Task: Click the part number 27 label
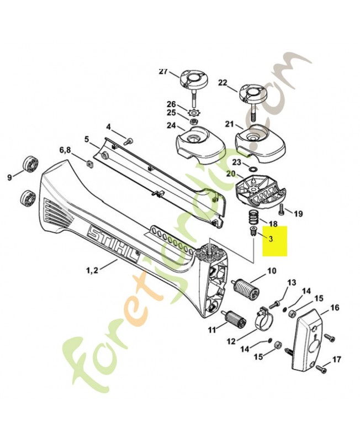(162, 71)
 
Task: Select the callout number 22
(223, 82)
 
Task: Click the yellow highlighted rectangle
(274, 241)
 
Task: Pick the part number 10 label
(271, 271)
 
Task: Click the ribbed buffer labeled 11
(234, 318)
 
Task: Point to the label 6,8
(65, 150)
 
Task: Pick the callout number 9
(9, 177)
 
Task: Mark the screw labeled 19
(281, 208)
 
